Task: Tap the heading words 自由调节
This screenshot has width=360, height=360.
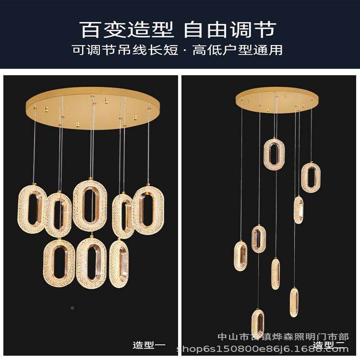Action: [229, 29]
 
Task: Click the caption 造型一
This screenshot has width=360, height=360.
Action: [149, 344]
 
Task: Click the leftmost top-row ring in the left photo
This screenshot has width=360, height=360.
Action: [32, 208]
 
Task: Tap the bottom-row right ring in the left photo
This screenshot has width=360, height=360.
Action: [119, 263]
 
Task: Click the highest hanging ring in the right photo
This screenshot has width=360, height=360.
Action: [274, 154]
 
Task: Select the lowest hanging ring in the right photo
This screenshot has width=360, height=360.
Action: [258, 323]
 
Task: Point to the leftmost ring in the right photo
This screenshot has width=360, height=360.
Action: [241, 256]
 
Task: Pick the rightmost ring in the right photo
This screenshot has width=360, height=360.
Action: [311, 178]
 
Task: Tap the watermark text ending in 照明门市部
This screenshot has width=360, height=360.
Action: [283, 336]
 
